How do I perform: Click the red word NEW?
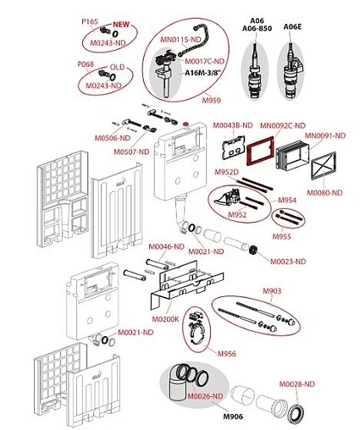[121, 25]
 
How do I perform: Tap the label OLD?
[117, 67]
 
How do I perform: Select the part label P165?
[90, 22]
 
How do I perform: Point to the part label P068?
[86, 64]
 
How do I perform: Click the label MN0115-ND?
[178, 40]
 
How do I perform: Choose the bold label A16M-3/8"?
[202, 74]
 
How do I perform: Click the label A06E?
[292, 27]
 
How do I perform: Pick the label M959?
[211, 100]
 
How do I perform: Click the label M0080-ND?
[324, 193]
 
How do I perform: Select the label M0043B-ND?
[233, 125]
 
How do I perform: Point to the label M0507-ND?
[131, 152]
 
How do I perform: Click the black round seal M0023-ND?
[253, 250]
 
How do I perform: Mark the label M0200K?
[165, 319]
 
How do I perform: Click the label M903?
[272, 291]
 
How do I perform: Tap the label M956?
[226, 354]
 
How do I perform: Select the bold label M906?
[233, 416]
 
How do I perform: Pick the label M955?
[281, 236]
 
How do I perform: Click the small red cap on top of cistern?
[186, 124]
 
